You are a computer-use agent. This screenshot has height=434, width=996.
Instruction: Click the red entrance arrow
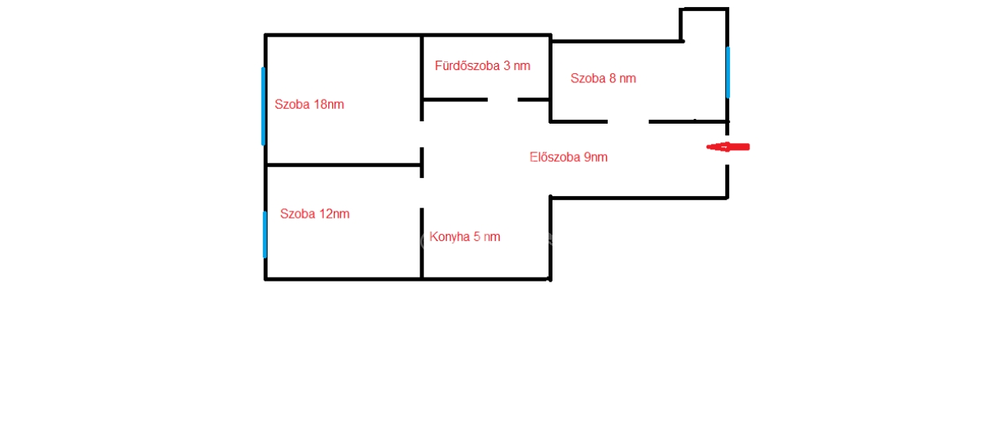[728, 147]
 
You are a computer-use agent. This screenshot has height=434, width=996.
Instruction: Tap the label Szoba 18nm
[309, 104]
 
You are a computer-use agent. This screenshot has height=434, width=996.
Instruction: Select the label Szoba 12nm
[315, 214]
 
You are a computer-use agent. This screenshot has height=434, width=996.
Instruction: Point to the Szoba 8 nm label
[603, 79]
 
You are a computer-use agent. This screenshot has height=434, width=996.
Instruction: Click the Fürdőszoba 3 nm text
[482, 66]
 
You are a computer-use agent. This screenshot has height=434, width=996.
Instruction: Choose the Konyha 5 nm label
[465, 236]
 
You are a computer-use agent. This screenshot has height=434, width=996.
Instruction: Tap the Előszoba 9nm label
[568, 157]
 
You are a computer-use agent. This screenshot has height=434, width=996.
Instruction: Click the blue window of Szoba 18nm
[263, 107]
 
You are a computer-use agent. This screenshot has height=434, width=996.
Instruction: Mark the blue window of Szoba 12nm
[265, 234]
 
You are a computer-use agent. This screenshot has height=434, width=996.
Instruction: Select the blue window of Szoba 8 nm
[728, 72]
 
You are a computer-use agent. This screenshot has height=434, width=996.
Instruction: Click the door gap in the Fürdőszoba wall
[503, 100]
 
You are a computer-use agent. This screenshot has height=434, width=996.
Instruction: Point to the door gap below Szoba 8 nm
[628, 121]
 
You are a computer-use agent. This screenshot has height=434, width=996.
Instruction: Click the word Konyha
[450, 237]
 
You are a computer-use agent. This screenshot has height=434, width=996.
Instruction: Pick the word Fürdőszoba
[467, 66]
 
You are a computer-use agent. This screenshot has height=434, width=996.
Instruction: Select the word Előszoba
[555, 157]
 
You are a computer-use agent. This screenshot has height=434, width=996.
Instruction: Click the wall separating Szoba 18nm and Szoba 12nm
[343, 165]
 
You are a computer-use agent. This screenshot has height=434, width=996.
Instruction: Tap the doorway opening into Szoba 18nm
[422, 134]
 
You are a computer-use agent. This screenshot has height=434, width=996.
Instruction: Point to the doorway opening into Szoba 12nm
[422, 193]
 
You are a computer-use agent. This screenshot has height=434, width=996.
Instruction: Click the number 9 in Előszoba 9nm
[587, 157]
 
